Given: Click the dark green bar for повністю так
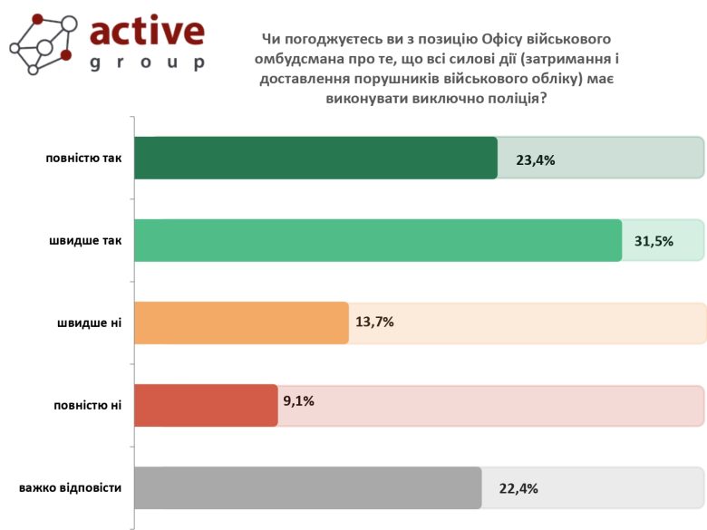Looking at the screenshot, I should click(315, 159).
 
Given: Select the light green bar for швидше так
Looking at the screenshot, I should click(378, 240).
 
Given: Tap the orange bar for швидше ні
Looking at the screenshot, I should click(241, 323).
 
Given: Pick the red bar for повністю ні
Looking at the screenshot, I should click(206, 404).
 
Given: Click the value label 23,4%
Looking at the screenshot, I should click(535, 159).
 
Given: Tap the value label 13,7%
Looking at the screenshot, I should click(375, 322).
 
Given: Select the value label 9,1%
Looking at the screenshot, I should click(298, 400).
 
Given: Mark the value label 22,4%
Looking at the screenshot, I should click(518, 487).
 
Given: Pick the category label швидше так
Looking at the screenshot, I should click(86, 241).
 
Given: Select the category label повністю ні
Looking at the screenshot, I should click(88, 405).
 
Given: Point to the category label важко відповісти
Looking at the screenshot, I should click(70, 487).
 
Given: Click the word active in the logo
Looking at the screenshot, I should click(147, 31).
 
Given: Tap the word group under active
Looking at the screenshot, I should click(147, 63).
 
